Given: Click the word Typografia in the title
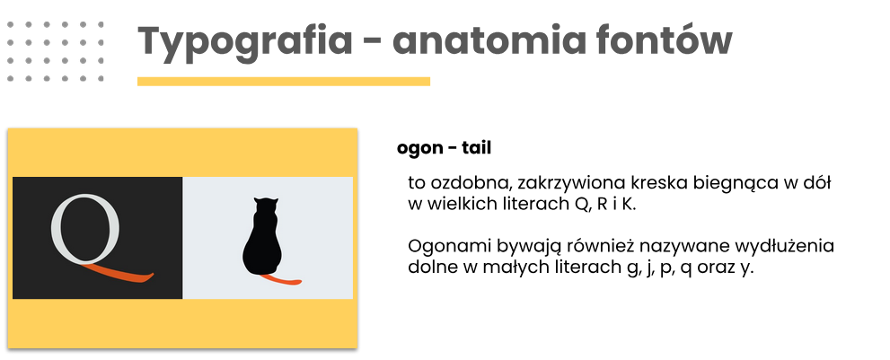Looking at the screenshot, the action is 244,42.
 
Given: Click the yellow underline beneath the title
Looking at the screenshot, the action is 284,81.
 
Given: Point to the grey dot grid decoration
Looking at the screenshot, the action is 56,52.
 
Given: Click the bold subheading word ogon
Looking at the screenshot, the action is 419,149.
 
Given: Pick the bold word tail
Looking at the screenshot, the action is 476,147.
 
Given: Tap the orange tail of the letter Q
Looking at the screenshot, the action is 121,275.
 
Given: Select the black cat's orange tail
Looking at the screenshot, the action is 282,280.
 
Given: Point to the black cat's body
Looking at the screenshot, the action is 262,244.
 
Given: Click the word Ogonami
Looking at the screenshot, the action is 450,248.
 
